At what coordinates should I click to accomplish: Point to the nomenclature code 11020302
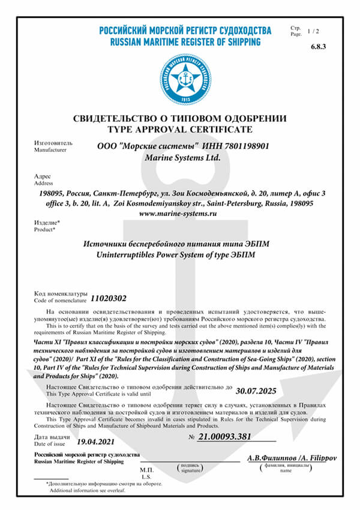click(x=108, y=298)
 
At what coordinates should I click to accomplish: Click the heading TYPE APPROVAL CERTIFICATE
click(x=180, y=129)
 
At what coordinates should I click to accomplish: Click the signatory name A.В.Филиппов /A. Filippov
click(x=292, y=458)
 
